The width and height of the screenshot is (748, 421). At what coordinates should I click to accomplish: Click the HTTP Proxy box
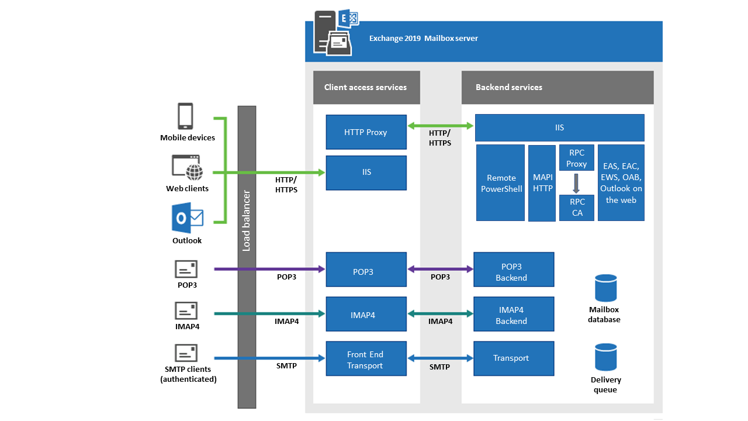tap(366, 132)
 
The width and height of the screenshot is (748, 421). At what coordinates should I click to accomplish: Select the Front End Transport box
tap(366, 360)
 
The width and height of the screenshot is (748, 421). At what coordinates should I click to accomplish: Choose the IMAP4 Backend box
tap(514, 315)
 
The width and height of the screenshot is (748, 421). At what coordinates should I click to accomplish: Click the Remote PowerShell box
tap(501, 183)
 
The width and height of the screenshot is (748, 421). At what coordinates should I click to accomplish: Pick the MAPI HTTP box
tap(542, 183)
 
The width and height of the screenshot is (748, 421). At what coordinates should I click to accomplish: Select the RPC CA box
tap(577, 208)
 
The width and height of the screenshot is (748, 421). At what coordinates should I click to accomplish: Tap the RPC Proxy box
tap(577, 158)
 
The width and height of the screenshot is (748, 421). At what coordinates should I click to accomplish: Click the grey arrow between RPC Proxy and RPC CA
tap(576, 183)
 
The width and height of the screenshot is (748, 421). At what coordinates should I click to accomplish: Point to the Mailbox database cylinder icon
tap(605, 288)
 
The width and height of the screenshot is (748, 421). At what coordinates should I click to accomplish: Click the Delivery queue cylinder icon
tap(605, 357)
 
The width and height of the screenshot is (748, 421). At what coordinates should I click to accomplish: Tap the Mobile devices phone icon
tap(186, 116)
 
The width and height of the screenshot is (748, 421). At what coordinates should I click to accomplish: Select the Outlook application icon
tap(187, 219)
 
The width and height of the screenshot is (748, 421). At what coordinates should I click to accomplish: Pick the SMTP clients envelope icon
tap(186, 353)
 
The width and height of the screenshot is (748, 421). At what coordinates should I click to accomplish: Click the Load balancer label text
tap(247, 221)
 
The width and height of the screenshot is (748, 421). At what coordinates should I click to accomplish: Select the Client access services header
tap(366, 87)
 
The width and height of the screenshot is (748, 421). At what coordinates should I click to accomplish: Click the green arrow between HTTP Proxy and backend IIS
tap(441, 125)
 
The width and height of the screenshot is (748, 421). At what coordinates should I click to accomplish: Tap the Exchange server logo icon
tap(333, 33)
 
